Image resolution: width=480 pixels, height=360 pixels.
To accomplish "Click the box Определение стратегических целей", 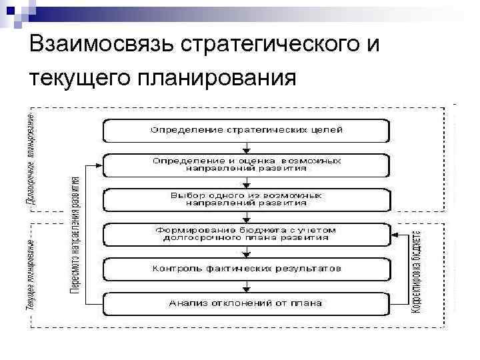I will (246, 130).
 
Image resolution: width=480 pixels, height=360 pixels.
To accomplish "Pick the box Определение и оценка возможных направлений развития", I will (246, 165).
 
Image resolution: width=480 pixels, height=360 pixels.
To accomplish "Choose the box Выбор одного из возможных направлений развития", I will (246, 199).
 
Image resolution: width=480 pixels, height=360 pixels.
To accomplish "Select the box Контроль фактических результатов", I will (246, 269).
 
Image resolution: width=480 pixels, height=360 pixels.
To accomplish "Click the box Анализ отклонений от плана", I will (246, 303).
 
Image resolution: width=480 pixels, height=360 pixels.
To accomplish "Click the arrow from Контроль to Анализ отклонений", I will (246, 286).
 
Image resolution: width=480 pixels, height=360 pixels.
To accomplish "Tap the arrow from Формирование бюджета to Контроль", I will (246, 251).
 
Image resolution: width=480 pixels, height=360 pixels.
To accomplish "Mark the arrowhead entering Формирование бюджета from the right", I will (395, 234).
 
